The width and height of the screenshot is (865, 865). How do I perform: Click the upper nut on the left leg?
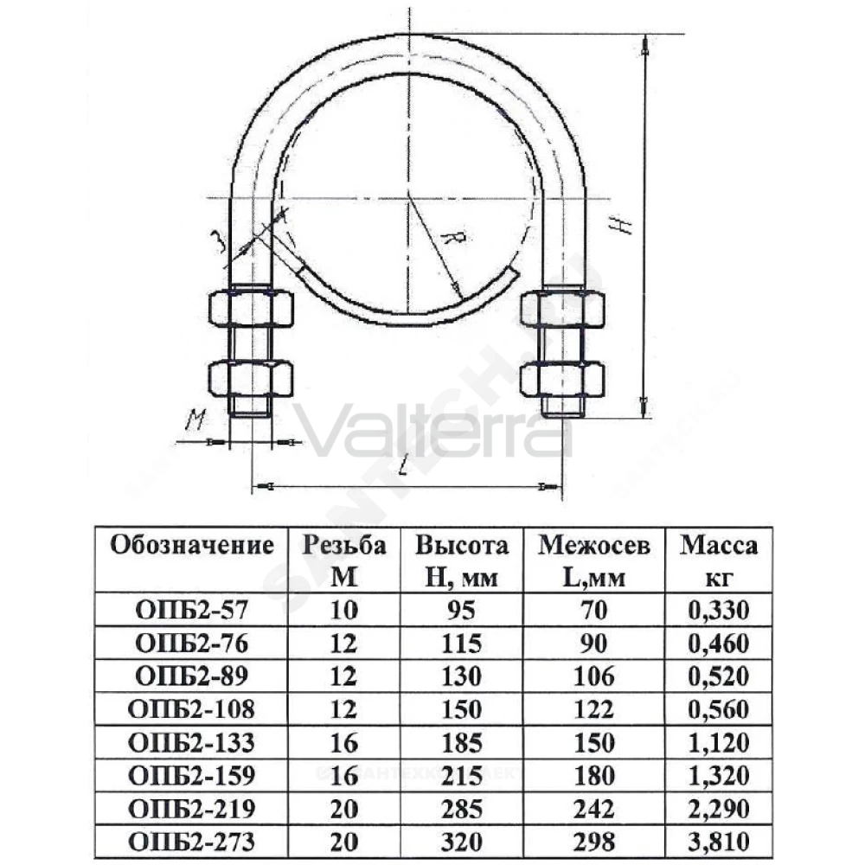point(251,309)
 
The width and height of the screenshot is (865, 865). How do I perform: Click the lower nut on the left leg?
point(251,379)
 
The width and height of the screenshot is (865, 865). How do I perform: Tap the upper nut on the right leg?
point(562,309)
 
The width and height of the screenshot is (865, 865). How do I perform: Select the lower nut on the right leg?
point(562,380)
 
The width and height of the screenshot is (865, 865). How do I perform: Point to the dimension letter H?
point(621,225)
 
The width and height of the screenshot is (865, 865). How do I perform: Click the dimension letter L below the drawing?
point(404,468)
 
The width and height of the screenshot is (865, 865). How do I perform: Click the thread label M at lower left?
point(194,420)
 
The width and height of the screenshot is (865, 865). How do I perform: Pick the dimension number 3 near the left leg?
point(219,241)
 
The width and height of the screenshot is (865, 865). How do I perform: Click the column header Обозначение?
point(192,545)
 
